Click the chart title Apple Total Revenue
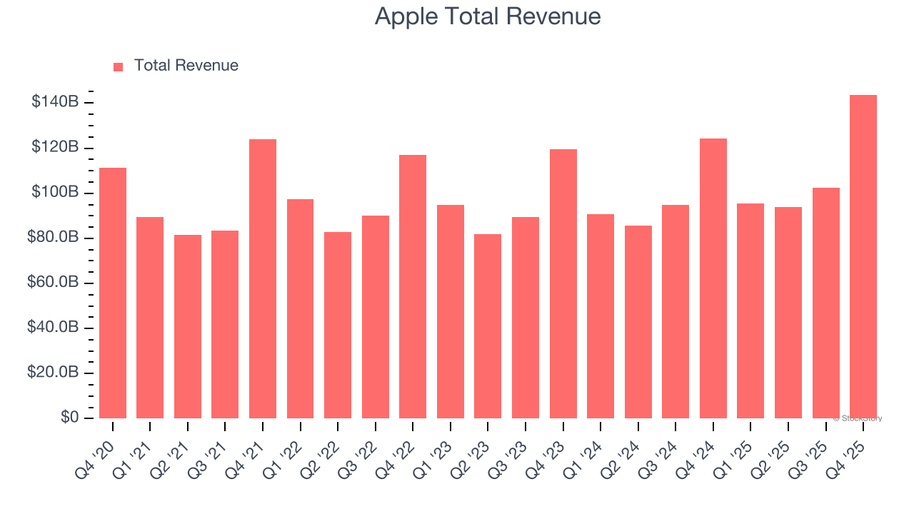pos(488,16)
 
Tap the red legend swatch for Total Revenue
pos(119,66)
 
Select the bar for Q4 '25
pos(863,257)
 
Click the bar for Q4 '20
pos(113,293)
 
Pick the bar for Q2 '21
pos(188,326)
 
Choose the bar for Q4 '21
pos(263,278)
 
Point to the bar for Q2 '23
pos(488,326)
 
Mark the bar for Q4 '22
pos(413,286)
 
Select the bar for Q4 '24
pos(713,278)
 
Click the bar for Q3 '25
pos(825,303)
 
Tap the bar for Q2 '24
pos(638,322)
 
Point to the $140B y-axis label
pos(55,102)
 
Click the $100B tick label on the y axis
pos(55,193)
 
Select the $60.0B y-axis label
pos(52,283)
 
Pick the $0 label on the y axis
pos(69,418)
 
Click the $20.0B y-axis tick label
pos(52,373)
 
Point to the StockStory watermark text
pos(858,418)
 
